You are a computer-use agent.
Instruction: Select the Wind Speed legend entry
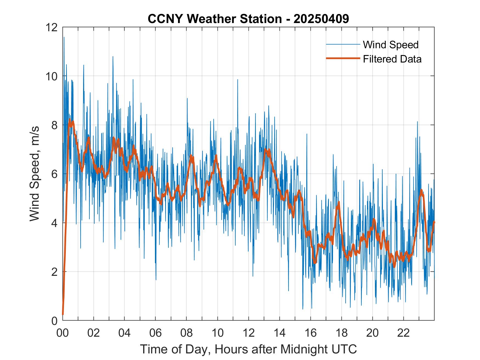[x=391, y=45]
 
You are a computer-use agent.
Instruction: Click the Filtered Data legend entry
[x=392, y=59]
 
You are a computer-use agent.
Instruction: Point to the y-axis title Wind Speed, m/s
[x=35, y=174]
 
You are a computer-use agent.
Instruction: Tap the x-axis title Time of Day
[x=248, y=349]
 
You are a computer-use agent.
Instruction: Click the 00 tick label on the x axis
[x=63, y=333]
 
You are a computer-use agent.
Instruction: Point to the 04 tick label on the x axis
[x=125, y=333]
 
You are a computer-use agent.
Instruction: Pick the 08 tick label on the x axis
[x=187, y=333]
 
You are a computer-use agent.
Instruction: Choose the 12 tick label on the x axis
[x=249, y=333]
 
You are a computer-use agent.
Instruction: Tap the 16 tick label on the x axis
[x=310, y=333]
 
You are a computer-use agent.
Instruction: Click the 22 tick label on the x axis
[x=403, y=333]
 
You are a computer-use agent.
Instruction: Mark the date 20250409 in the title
[x=321, y=19]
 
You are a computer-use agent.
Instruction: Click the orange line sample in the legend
[x=343, y=58]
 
